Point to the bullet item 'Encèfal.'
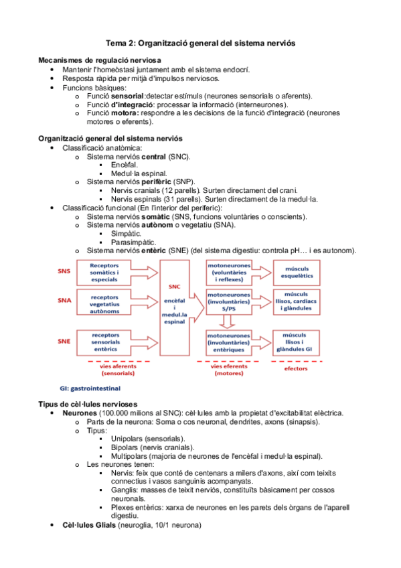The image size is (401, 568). (x=125, y=164)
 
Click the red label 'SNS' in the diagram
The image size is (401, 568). (x=64, y=271)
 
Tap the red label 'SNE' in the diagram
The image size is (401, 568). (x=64, y=340)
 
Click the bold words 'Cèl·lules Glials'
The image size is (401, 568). (x=89, y=525)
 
